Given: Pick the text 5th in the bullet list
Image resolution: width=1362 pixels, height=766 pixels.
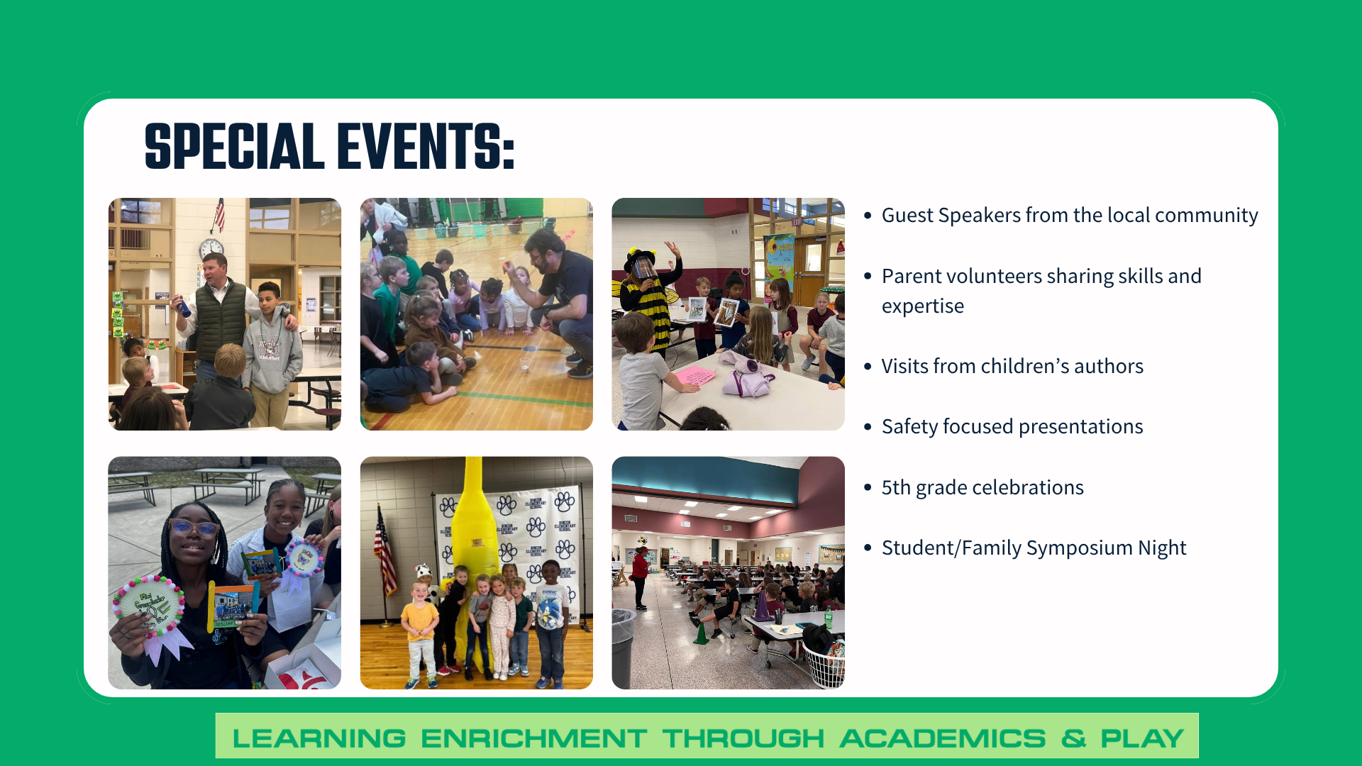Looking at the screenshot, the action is click(896, 487).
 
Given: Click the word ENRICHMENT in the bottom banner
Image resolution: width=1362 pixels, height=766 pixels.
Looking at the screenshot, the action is click(533, 738).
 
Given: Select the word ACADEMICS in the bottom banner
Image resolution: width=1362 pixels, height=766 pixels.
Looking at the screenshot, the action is click(943, 738).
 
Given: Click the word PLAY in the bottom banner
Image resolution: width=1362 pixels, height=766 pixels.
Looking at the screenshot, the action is click(1142, 738).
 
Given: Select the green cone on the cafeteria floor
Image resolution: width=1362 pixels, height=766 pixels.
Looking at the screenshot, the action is click(701, 633).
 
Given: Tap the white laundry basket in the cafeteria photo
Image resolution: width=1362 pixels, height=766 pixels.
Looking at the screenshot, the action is click(825, 667).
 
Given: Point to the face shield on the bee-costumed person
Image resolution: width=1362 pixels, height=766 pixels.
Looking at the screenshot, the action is click(644, 268).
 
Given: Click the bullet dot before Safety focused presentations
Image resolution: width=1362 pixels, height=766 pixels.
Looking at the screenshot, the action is click(868, 427).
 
